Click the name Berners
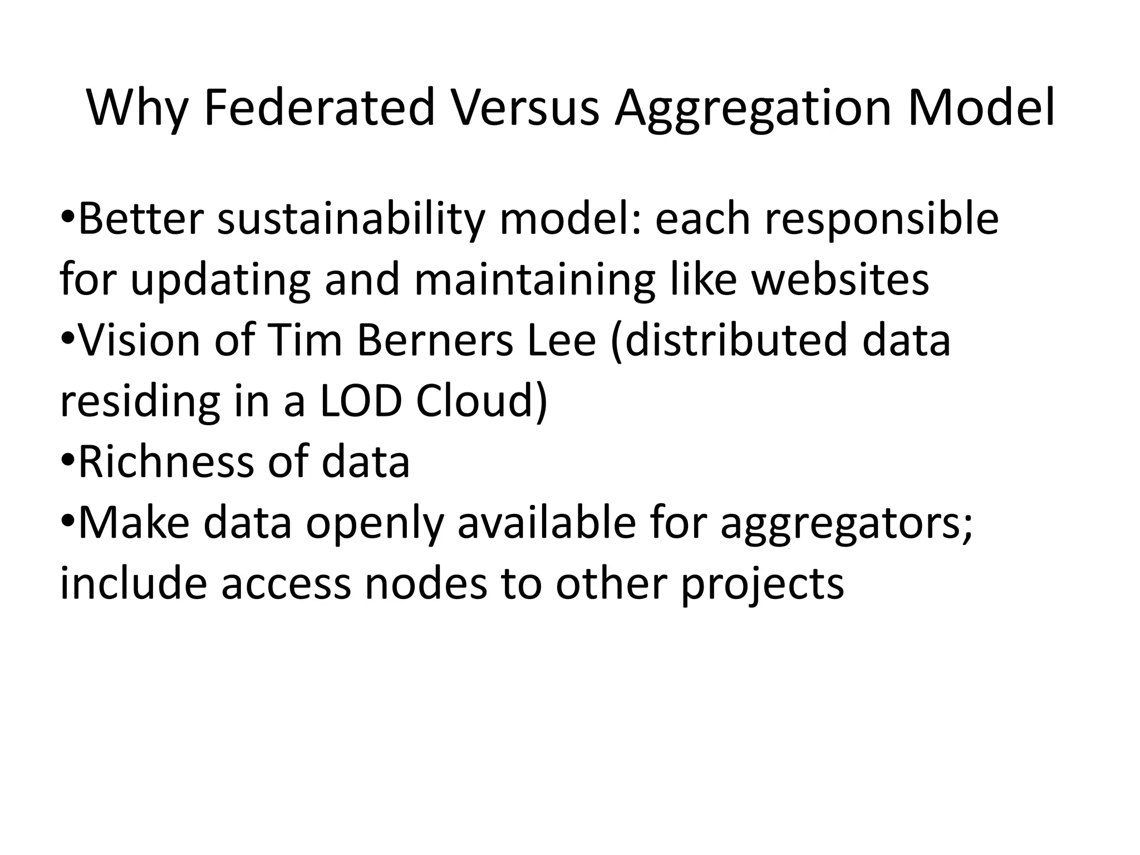click(435, 340)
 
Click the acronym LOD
click(361, 401)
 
